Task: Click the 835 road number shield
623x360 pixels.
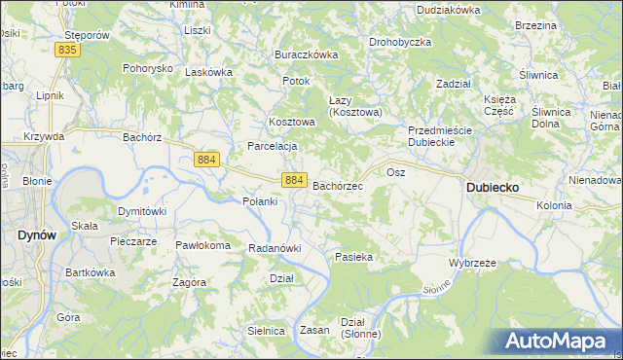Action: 67,49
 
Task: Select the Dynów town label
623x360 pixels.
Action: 36,234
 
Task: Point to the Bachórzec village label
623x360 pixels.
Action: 338,185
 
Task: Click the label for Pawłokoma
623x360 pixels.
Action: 202,245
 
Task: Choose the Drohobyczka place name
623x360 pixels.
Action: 400,43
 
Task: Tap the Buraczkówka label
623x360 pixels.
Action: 306,54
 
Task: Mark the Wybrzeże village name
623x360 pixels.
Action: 473,264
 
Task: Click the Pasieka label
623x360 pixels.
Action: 354,257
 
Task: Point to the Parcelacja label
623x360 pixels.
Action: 272,146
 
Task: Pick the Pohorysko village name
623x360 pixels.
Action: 147,69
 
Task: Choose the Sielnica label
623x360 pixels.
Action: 266,331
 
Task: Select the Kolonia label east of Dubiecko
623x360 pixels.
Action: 553,205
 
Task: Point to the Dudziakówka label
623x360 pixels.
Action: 449,9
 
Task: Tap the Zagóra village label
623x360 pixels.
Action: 188,282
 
